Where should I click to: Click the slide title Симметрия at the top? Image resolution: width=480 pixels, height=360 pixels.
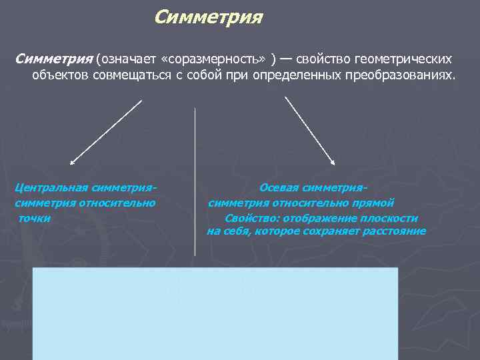point(208,16)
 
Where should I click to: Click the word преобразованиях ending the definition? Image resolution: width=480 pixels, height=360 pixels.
point(400,75)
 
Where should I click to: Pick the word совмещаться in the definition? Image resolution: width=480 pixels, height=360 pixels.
point(119,75)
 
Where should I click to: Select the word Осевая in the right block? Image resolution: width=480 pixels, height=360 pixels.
point(281,188)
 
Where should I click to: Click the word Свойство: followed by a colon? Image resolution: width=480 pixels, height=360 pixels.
point(251,217)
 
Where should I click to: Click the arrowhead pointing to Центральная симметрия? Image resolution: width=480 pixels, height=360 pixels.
point(72,161)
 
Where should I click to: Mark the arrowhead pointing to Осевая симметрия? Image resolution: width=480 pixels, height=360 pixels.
point(333,161)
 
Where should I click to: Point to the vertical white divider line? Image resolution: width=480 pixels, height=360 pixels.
point(195,180)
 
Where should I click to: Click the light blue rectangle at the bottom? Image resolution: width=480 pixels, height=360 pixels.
point(215,313)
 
